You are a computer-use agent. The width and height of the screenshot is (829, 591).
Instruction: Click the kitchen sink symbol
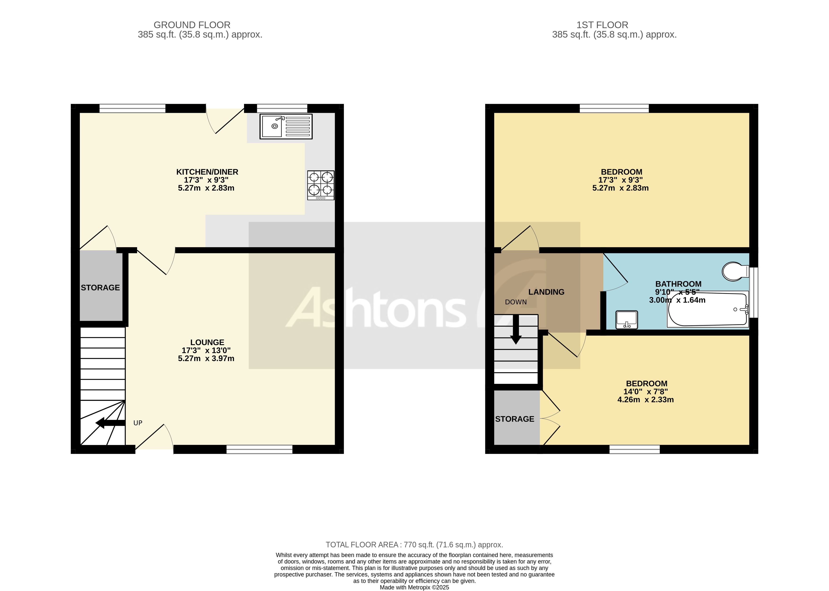pyautogui.click(x=286, y=126)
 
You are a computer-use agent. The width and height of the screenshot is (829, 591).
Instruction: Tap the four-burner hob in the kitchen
pyautogui.click(x=321, y=185)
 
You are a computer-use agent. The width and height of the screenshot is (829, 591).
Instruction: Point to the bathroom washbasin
pyautogui.click(x=626, y=320)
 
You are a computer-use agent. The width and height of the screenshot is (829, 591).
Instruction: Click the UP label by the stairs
pyautogui.click(x=138, y=423)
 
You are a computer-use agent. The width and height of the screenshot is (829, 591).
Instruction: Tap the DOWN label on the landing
pyautogui.click(x=516, y=302)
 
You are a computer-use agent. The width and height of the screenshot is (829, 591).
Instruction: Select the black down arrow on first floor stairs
pyautogui.click(x=516, y=329)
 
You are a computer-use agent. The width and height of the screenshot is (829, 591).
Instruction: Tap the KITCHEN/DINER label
pyautogui.click(x=207, y=172)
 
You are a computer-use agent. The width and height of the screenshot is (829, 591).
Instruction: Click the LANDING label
pyautogui.click(x=546, y=292)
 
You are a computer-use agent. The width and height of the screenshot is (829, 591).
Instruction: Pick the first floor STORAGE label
pyautogui.click(x=514, y=419)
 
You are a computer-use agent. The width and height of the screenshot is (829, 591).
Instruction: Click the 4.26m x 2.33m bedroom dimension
pyautogui.click(x=645, y=400)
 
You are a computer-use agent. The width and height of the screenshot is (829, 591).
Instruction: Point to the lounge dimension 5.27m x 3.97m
pyautogui.click(x=206, y=359)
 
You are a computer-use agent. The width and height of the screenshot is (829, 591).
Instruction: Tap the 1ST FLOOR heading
pyautogui.click(x=602, y=25)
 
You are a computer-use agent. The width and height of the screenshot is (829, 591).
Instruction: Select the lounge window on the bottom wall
pyautogui.click(x=259, y=449)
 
